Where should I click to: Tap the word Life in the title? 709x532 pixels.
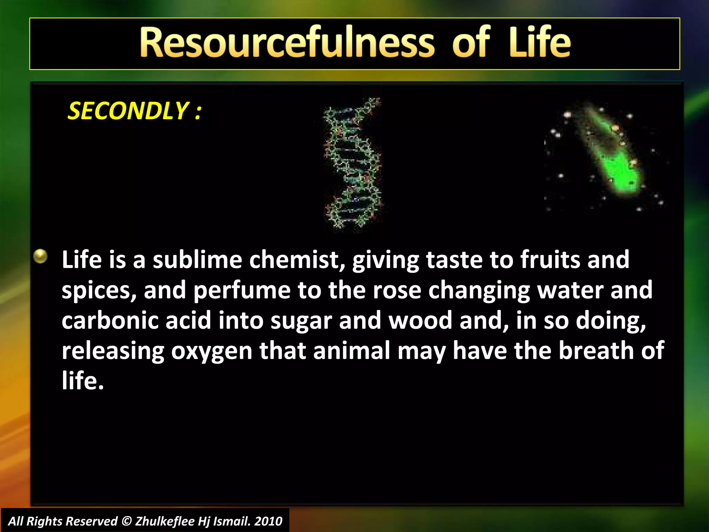coord(539,43)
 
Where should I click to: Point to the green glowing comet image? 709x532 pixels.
coord(613,156)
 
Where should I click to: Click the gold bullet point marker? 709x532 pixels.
coord(41,257)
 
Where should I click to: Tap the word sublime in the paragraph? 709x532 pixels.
coord(197,260)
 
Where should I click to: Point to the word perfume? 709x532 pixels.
coord(242,290)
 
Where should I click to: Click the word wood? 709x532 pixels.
coord(420,320)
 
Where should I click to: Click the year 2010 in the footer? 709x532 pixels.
coord(268,521)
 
